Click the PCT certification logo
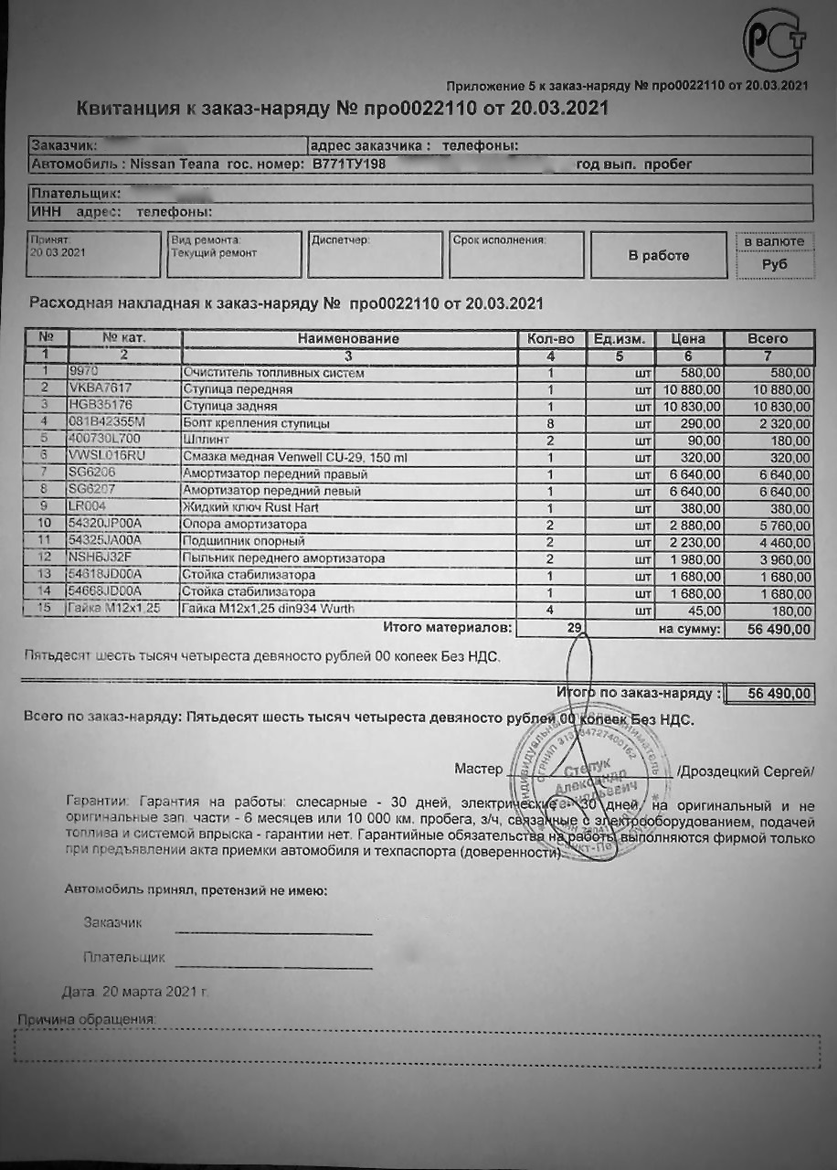pos(774,39)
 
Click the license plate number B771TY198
pos(349,165)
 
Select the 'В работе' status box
pos(658,255)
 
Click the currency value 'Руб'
pos(774,264)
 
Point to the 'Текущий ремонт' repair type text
pos(214,253)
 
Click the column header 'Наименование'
pos(348,339)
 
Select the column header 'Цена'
pos(688,339)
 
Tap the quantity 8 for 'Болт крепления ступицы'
pos(551,423)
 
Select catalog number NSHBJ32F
pos(100,558)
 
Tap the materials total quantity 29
pos(574,629)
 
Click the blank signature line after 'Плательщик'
pos(273,965)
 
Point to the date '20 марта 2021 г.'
pos(154,991)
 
